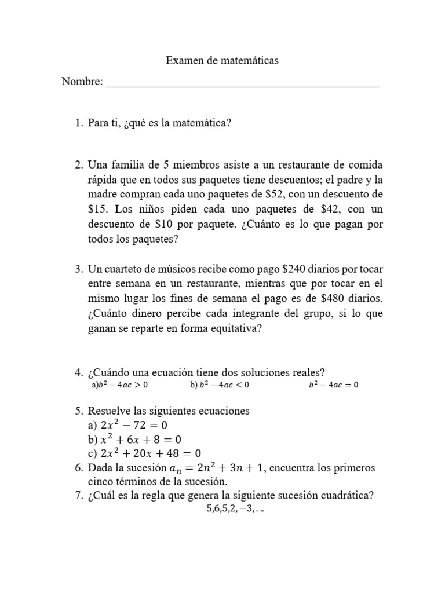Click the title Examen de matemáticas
[222, 60]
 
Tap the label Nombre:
[82, 82]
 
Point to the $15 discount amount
[97, 209]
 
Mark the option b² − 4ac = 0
[333, 385]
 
